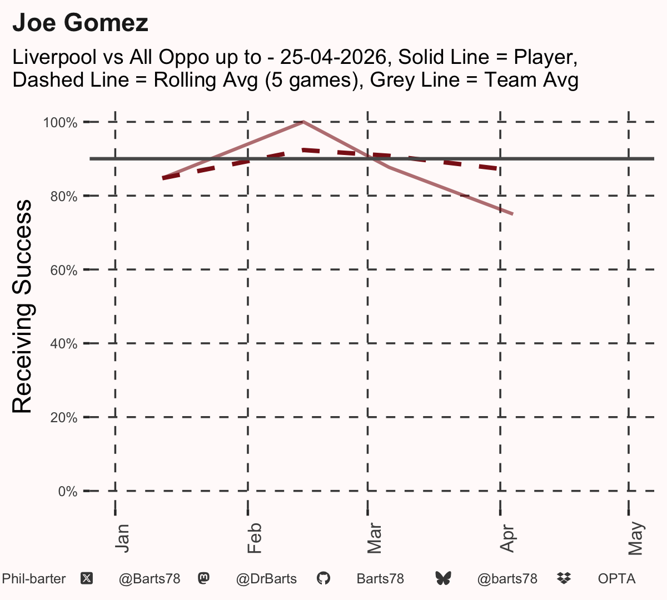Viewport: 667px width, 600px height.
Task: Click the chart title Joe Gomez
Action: (x=80, y=23)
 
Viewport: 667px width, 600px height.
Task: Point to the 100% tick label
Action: (x=60, y=123)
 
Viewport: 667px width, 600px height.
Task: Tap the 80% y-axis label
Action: (x=64, y=197)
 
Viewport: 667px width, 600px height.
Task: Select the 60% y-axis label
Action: (x=64, y=270)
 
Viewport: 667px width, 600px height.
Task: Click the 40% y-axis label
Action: (x=64, y=344)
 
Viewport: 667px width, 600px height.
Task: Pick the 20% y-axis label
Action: (x=64, y=418)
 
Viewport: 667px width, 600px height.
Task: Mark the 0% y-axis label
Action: (x=68, y=491)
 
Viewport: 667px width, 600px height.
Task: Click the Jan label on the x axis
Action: (x=122, y=538)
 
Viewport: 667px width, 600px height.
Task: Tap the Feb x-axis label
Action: (x=255, y=538)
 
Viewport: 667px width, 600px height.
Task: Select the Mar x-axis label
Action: (x=374, y=538)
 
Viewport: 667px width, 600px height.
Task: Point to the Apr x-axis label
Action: (x=507, y=538)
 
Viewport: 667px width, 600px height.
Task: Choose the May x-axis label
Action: (x=635, y=538)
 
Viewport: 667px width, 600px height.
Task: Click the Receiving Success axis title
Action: (x=22, y=307)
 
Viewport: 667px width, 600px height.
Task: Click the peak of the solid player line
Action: (x=303, y=122)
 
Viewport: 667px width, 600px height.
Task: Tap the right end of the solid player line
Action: (x=513, y=214)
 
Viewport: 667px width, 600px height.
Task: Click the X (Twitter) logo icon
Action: (x=87, y=579)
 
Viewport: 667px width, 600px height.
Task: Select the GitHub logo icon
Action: (x=323, y=579)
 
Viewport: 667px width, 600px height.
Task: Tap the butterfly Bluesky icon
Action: (x=443, y=579)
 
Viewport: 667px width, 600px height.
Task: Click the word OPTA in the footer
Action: (x=616, y=579)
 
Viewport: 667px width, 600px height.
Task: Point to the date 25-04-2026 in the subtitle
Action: (x=333, y=57)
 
